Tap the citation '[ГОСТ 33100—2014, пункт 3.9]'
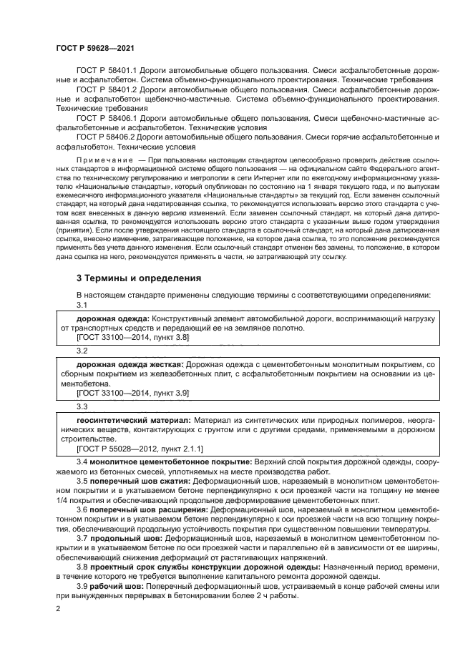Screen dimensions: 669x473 pos(132,392)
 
